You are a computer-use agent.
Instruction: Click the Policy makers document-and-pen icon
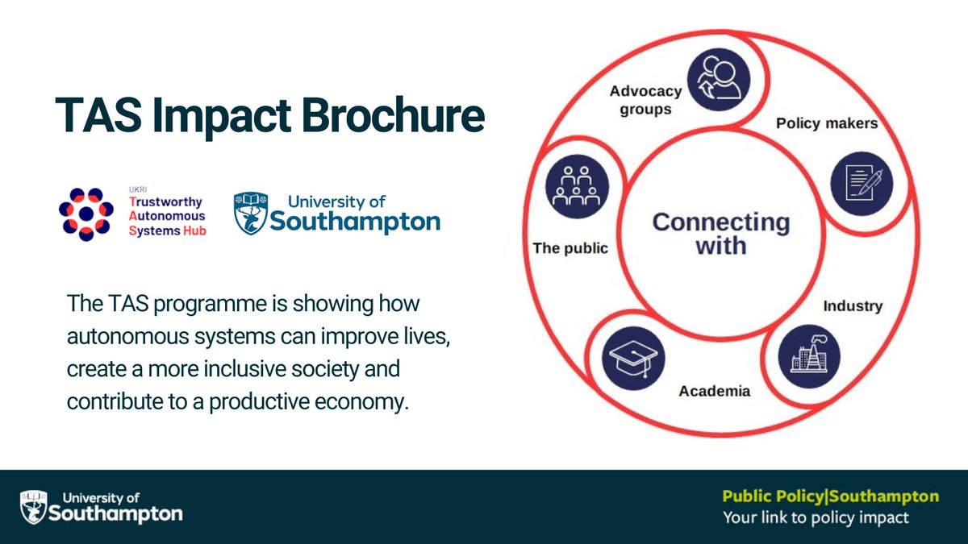pos(862,183)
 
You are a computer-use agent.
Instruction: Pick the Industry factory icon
pos(809,355)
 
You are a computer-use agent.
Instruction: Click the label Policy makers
pos(826,123)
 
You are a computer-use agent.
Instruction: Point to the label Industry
pos(852,306)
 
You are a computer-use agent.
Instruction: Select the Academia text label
pos(714,391)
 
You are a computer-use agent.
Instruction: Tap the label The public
pos(570,247)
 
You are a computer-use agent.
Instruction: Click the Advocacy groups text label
pos(645,99)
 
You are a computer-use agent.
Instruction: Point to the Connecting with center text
pos(720,233)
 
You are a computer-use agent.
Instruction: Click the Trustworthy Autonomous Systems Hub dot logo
pos(86,214)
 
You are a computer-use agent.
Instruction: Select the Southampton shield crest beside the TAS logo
pos(251,213)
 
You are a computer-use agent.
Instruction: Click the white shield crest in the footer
pos(31,505)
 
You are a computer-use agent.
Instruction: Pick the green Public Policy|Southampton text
pos(830,496)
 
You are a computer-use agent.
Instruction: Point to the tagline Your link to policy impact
pos(815,517)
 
